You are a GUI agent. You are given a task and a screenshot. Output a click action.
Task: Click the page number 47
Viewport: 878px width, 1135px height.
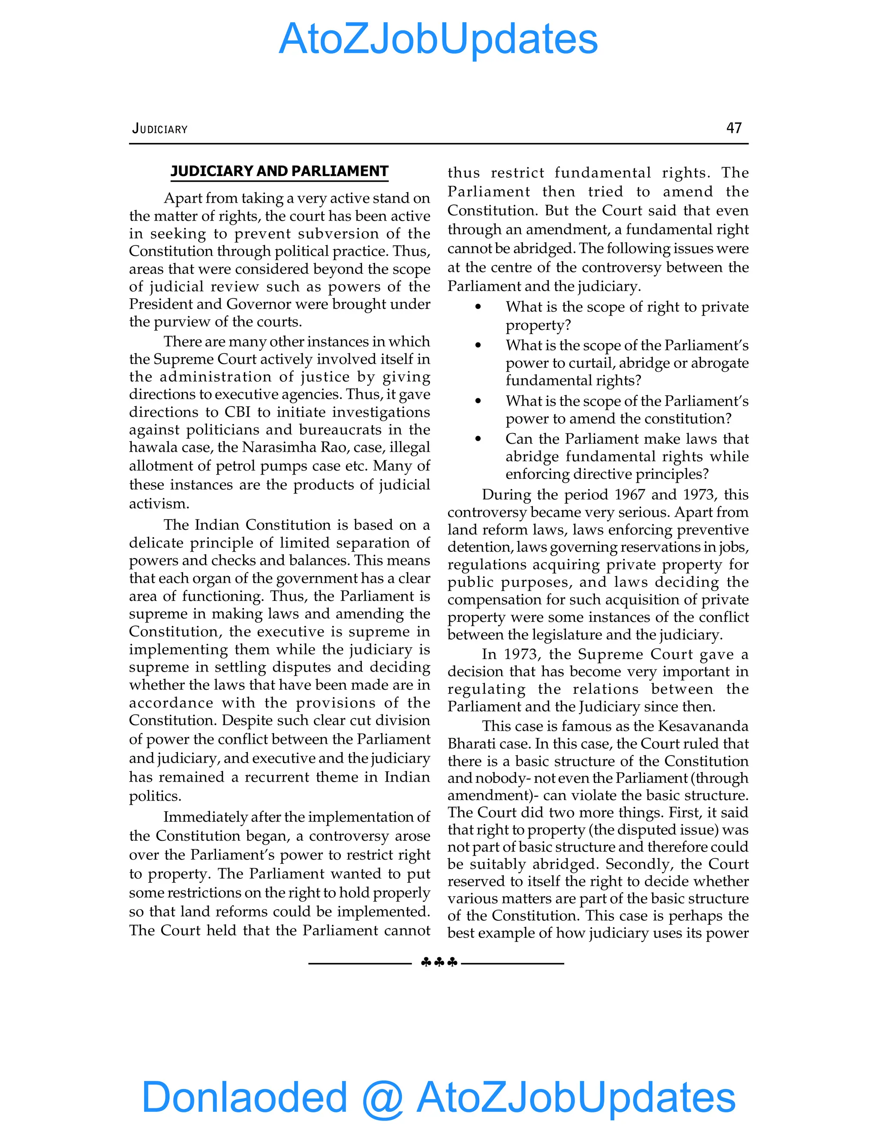734,128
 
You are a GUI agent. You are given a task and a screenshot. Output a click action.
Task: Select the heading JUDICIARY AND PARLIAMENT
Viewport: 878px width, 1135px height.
280,171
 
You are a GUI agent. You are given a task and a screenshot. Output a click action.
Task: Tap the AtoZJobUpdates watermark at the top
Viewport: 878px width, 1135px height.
438,39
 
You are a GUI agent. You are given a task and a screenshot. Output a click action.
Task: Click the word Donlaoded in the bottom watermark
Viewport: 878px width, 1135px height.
244,1096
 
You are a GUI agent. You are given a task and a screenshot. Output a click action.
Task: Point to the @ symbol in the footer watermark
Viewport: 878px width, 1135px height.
382,1098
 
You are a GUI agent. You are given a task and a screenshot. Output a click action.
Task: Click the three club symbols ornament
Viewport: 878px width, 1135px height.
439,962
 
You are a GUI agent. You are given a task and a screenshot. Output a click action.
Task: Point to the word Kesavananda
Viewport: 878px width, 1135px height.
703,726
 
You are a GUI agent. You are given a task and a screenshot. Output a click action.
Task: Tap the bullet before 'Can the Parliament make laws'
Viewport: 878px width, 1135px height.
478,439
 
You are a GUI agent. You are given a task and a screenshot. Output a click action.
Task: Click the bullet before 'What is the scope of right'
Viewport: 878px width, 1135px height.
478,307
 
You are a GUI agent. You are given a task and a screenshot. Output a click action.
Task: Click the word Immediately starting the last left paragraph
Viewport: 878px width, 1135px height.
205,818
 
